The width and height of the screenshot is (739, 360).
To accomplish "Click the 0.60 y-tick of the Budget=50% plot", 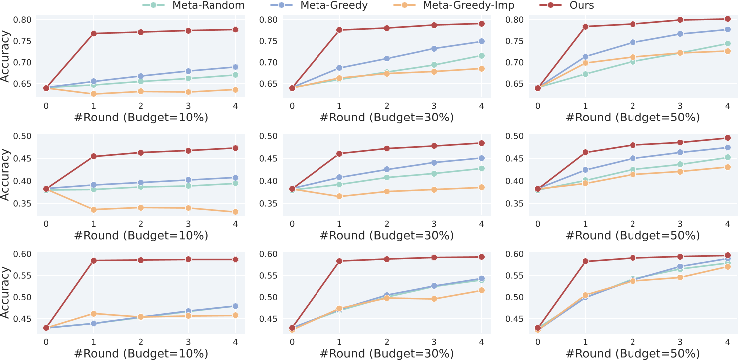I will click(514, 254).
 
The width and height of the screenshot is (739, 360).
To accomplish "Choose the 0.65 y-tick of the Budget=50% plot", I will click(514, 84).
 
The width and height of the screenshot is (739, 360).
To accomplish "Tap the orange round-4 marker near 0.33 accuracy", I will click(235, 212).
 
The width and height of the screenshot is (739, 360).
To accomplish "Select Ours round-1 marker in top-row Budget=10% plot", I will click(94, 33).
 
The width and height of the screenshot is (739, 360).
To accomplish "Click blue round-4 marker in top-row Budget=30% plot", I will click(481, 41).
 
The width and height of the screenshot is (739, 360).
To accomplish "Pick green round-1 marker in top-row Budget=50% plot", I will click(585, 74).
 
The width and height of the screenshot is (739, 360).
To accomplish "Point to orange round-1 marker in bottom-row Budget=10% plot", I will click(94, 313).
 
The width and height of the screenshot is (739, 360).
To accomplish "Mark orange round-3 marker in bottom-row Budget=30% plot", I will click(434, 299).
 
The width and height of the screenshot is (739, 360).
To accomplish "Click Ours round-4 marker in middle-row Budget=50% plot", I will click(727, 138).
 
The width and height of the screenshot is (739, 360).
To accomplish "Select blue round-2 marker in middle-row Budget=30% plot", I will click(387, 169).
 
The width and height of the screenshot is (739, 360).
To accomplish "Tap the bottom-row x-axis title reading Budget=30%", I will click(387, 353).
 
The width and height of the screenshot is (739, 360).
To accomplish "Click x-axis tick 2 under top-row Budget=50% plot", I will click(633, 106).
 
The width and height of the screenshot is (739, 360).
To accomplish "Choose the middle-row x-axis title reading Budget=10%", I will click(141, 235).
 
